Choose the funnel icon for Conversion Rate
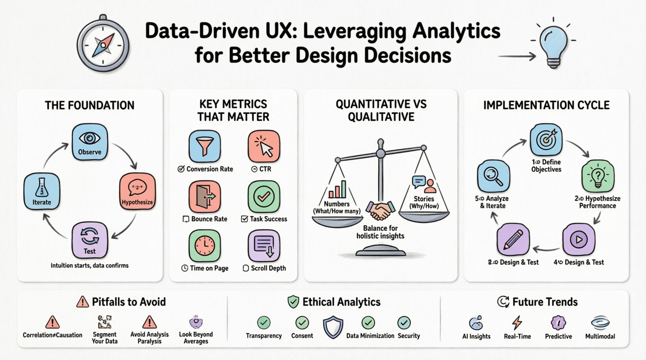pos(205,146)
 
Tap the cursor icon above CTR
pos(264,146)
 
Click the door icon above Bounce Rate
pos(205,196)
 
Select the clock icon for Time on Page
pos(205,246)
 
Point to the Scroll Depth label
pos(268,268)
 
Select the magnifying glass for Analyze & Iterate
pos(493,177)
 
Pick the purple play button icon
pos(578,239)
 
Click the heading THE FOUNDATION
pos(90,105)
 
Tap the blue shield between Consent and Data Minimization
pos(333,327)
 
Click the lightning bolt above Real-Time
pos(517,322)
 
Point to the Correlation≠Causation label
pos(52,335)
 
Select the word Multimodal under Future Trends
pos(600,336)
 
